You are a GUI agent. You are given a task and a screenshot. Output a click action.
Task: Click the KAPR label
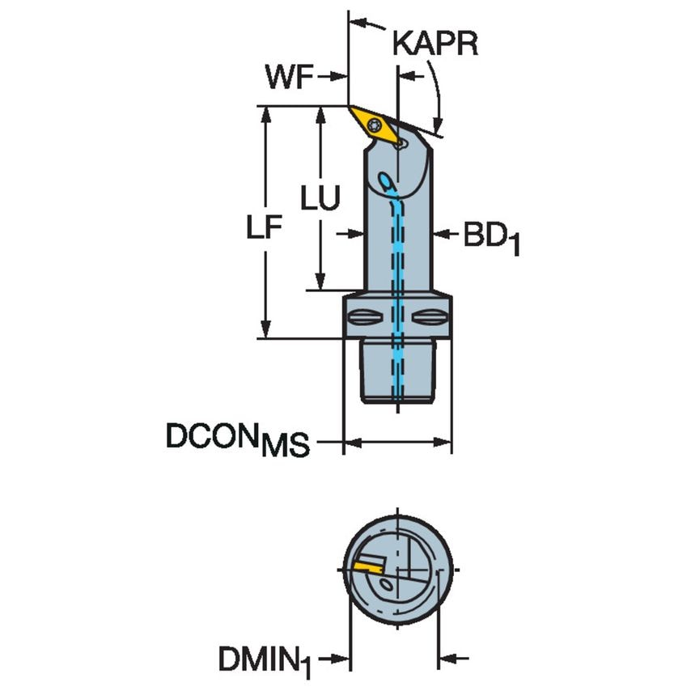(x=435, y=44)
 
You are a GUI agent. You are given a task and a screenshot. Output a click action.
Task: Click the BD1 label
(x=490, y=238)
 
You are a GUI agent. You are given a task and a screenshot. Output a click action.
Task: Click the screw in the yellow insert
(x=375, y=125)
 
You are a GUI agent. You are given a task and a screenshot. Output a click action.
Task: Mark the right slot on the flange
(x=431, y=316)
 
